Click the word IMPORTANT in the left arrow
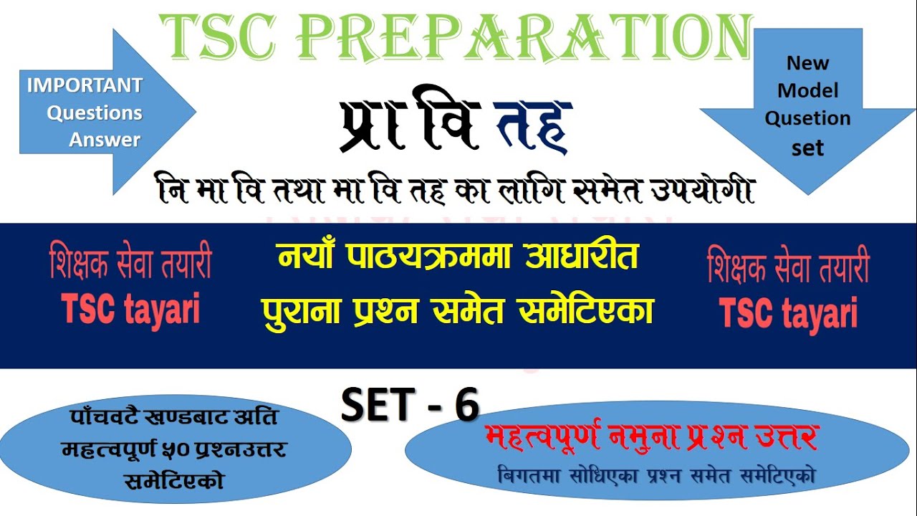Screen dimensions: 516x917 [85, 85]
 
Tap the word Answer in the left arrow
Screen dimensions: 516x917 [105, 140]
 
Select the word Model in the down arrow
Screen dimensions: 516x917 [807, 91]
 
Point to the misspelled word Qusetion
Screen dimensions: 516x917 [807, 118]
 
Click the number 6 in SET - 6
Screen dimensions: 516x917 [466, 406]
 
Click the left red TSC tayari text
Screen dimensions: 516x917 [131, 309]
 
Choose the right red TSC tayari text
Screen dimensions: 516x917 [788, 312]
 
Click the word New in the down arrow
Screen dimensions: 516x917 [807, 63]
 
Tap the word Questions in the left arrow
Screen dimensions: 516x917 [95, 113]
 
